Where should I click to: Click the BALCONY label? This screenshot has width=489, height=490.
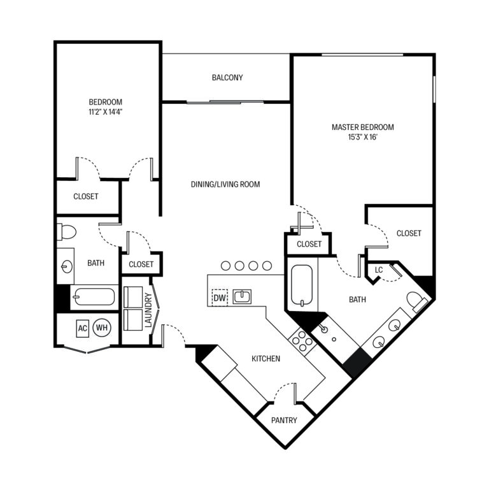(x=227, y=78)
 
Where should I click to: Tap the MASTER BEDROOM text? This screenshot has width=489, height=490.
(x=362, y=127)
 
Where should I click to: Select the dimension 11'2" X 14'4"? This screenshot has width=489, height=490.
(x=106, y=112)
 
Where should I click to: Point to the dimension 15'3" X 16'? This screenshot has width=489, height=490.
(x=362, y=137)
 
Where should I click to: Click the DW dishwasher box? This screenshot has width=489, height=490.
(x=219, y=298)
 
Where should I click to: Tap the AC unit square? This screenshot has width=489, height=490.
(x=82, y=328)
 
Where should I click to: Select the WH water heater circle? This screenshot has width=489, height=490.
(x=101, y=328)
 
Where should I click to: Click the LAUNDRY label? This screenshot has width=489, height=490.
(x=148, y=310)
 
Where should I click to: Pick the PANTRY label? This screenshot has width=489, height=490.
(x=283, y=421)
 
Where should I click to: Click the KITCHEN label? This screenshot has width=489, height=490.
(x=266, y=359)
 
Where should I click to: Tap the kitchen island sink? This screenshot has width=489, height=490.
(x=242, y=296)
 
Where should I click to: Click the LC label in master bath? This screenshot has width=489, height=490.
(x=378, y=270)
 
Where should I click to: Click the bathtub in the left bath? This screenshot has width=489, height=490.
(x=93, y=297)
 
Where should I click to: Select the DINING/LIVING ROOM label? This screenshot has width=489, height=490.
(x=225, y=184)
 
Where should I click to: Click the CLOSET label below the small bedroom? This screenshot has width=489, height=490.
(x=86, y=196)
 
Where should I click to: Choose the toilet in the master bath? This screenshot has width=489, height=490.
(x=417, y=301)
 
